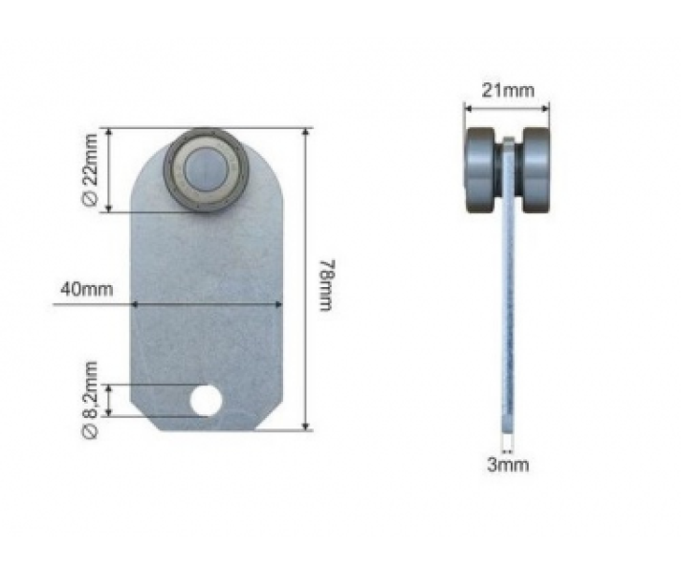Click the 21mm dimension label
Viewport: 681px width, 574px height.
(508, 90)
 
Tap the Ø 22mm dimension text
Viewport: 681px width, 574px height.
(90, 170)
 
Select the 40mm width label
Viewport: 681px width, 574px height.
(86, 289)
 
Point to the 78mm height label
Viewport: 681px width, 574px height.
(326, 285)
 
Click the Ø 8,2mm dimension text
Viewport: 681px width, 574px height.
(90, 399)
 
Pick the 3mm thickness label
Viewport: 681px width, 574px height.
(508, 465)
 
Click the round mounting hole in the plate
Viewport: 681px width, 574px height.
(206, 400)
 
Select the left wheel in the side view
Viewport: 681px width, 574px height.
(480, 170)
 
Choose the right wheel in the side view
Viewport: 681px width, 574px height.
(536, 170)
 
